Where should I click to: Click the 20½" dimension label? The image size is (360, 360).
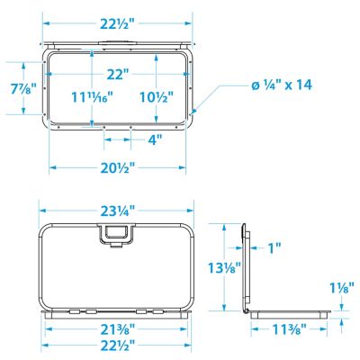(x=119, y=168)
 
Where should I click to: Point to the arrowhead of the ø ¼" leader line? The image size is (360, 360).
(x=193, y=110)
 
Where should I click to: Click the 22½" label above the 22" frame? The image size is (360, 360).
(x=119, y=22)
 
